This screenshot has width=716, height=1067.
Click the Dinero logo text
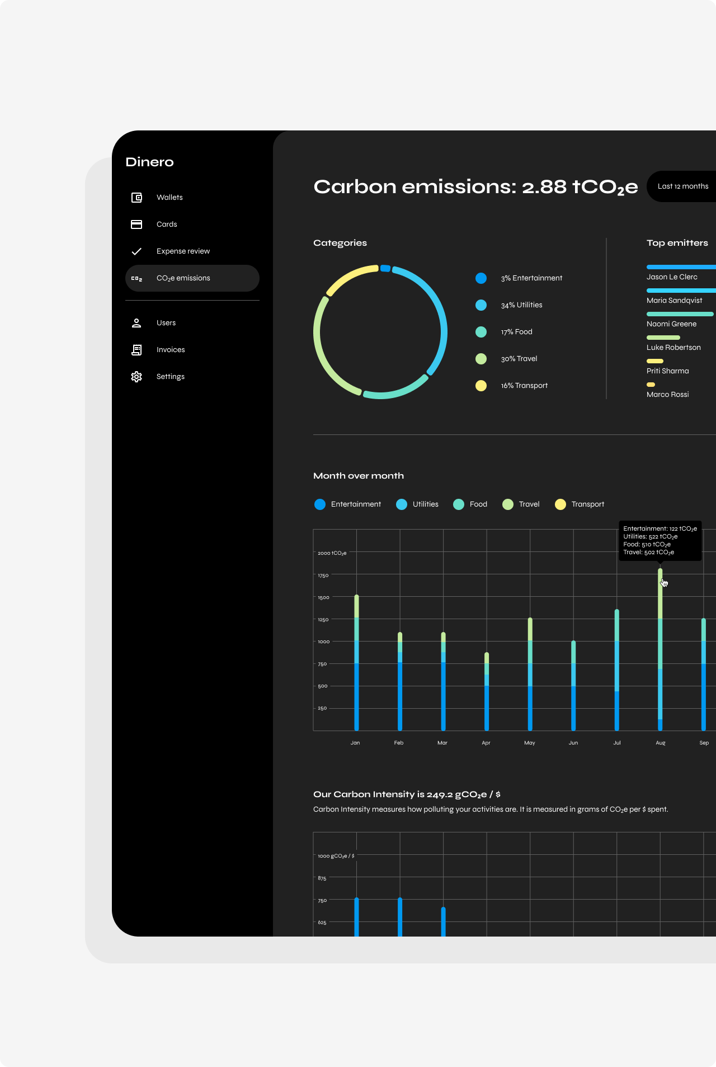click(x=149, y=162)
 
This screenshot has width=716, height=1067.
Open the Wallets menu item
click(x=169, y=198)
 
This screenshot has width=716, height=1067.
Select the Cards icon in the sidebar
click(x=136, y=224)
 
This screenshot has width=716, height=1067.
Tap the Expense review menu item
click(x=183, y=251)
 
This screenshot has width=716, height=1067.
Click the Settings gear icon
click(x=136, y=377)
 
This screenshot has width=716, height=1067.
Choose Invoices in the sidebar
click(x=171, y=350)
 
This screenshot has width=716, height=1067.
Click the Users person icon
click(x=136, y=323)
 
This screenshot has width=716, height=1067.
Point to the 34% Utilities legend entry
click(x=521, y=305)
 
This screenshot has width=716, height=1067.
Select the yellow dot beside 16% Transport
click(x=481, y=386)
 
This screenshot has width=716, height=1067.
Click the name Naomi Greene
click(x=671, y=324)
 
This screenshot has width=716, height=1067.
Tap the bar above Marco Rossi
click(x=651, y=385)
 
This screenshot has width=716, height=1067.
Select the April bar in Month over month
click(x=487, y=691)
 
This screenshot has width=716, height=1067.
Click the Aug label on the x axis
click(x=661, y=743)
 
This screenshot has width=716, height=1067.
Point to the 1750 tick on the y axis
click(x=323, y=575)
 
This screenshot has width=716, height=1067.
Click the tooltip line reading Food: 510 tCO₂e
click(x=647, y=545)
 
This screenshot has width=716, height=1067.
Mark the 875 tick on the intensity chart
click(x=322, y=878)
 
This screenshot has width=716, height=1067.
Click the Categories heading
click(x=340, y=243)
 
